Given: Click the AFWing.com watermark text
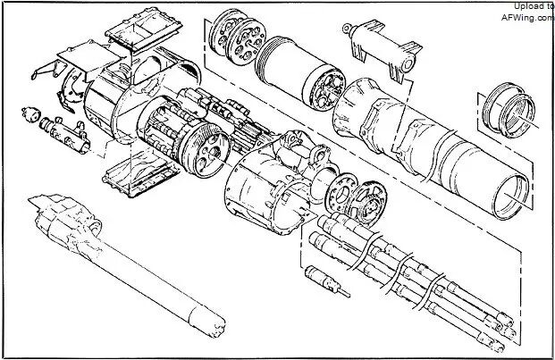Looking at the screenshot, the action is (528, 17).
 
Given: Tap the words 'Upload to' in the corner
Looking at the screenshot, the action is (534, 6).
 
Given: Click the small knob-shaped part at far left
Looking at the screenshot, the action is (30, 113).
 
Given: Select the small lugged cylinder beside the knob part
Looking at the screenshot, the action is (65, 134).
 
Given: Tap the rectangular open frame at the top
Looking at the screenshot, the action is (143, 30).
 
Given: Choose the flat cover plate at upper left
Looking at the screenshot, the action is (90, 57).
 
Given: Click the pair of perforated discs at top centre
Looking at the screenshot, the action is (237, 36).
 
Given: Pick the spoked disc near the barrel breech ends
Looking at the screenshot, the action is (369, 202).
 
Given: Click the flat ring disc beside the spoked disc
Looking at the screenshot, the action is (341, 193).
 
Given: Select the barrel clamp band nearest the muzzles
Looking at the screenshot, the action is (431, 290).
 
